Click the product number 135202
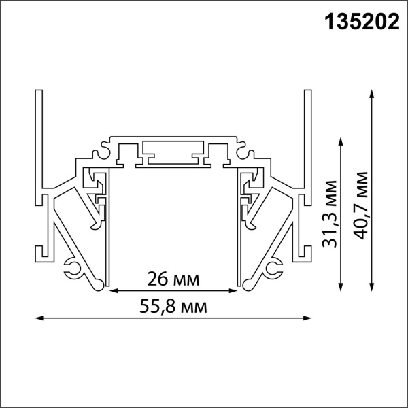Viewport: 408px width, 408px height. coord(354,23)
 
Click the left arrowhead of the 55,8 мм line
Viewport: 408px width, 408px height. coord(38,317)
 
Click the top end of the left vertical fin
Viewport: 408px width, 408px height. coord(39,91)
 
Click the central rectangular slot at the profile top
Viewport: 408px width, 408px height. coord(173,150)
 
